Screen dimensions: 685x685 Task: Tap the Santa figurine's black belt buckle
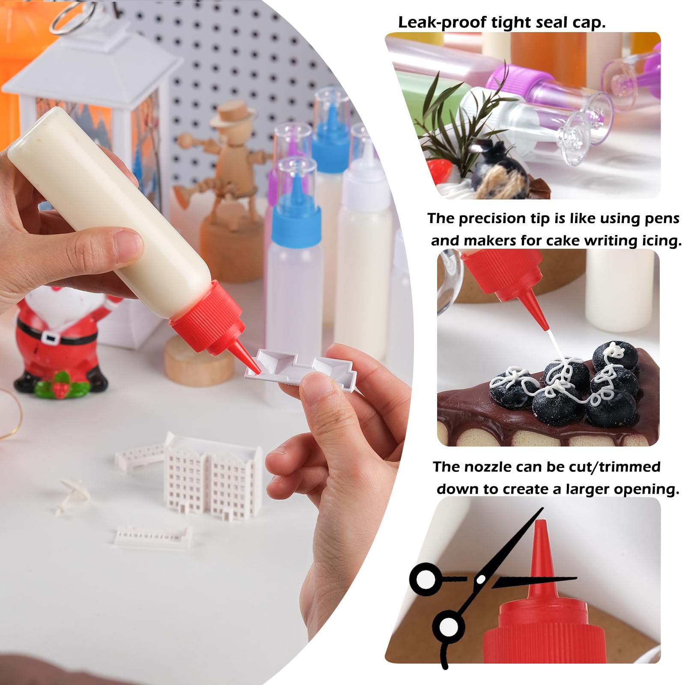click(x=53, y=338)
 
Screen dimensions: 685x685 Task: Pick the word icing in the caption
click(x=659, y=241)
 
